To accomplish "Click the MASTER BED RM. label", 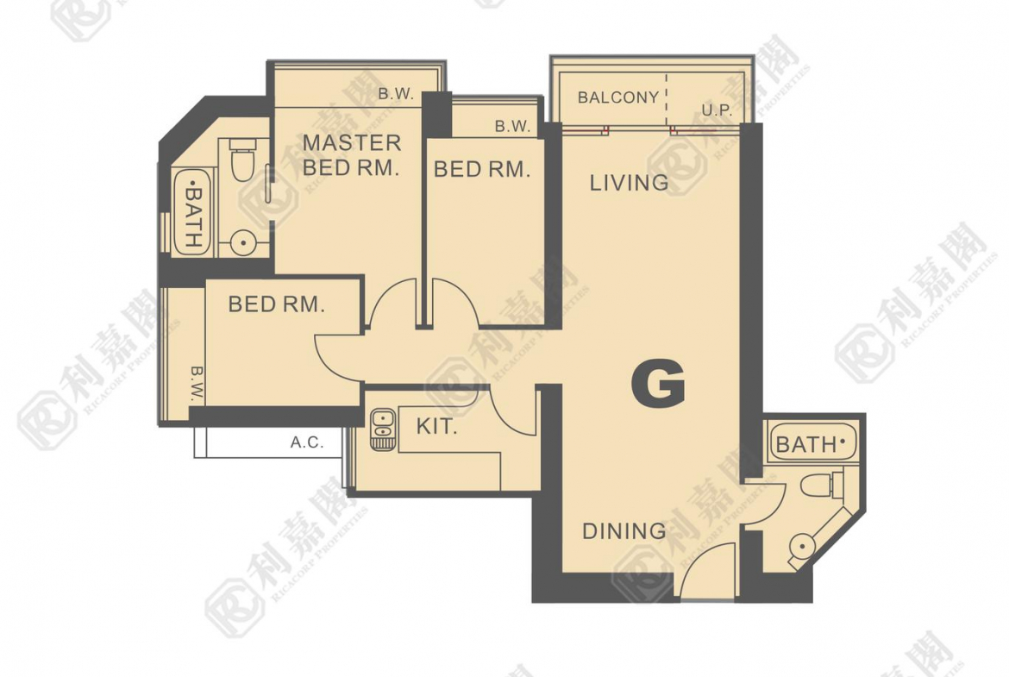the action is [x=352, y=155].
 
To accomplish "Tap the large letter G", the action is [x=658, y=383].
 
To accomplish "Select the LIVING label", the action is [x=629, y=183].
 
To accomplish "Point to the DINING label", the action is [x=624, y=531].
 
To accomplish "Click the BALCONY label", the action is [x=618, y=97].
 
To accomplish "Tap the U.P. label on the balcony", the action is [x=717, y=110].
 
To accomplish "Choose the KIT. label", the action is [x=436, y=426].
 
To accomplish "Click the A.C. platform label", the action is [x=307, y=442].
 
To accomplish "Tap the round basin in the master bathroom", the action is [x=242, y=243].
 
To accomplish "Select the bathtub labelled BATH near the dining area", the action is [x=814, y=442].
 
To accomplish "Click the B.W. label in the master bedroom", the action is [x=395, y=94].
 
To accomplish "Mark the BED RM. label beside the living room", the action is [x=482, y=169].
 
